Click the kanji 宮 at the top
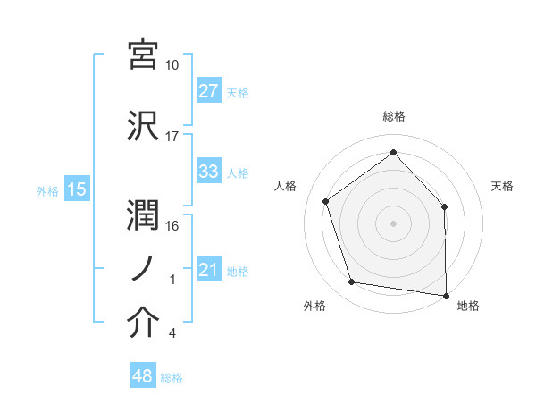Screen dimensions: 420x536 [x=144, y=55]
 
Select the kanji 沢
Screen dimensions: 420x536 [x=144, y=126]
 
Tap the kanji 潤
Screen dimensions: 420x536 [x=144, y=214]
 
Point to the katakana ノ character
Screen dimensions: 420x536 [x=144, y=268]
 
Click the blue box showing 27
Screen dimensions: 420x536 [x=209, y=91]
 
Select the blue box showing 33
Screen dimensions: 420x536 [x=209, y=172]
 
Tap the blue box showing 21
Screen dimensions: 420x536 [x=209, y=270]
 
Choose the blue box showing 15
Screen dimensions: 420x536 [x=77, y=189]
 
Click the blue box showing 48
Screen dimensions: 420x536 [x=143, y=377]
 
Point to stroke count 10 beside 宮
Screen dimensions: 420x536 [x=172, y=66]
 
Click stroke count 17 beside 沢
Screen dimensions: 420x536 [x=172, y=137]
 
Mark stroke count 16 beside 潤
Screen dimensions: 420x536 [x=172, y=226]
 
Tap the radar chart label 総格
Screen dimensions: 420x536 [x=394, y=116]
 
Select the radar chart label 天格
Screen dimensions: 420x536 [x=503, y=186]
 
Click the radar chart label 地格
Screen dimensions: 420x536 [x=468, y=306]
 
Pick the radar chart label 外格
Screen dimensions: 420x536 [x=314, y=306]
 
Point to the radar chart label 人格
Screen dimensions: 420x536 [x=286, y=186]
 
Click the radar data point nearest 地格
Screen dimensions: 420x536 [x=447, y=295]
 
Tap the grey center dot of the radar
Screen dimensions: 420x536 [x=394, y=223]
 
